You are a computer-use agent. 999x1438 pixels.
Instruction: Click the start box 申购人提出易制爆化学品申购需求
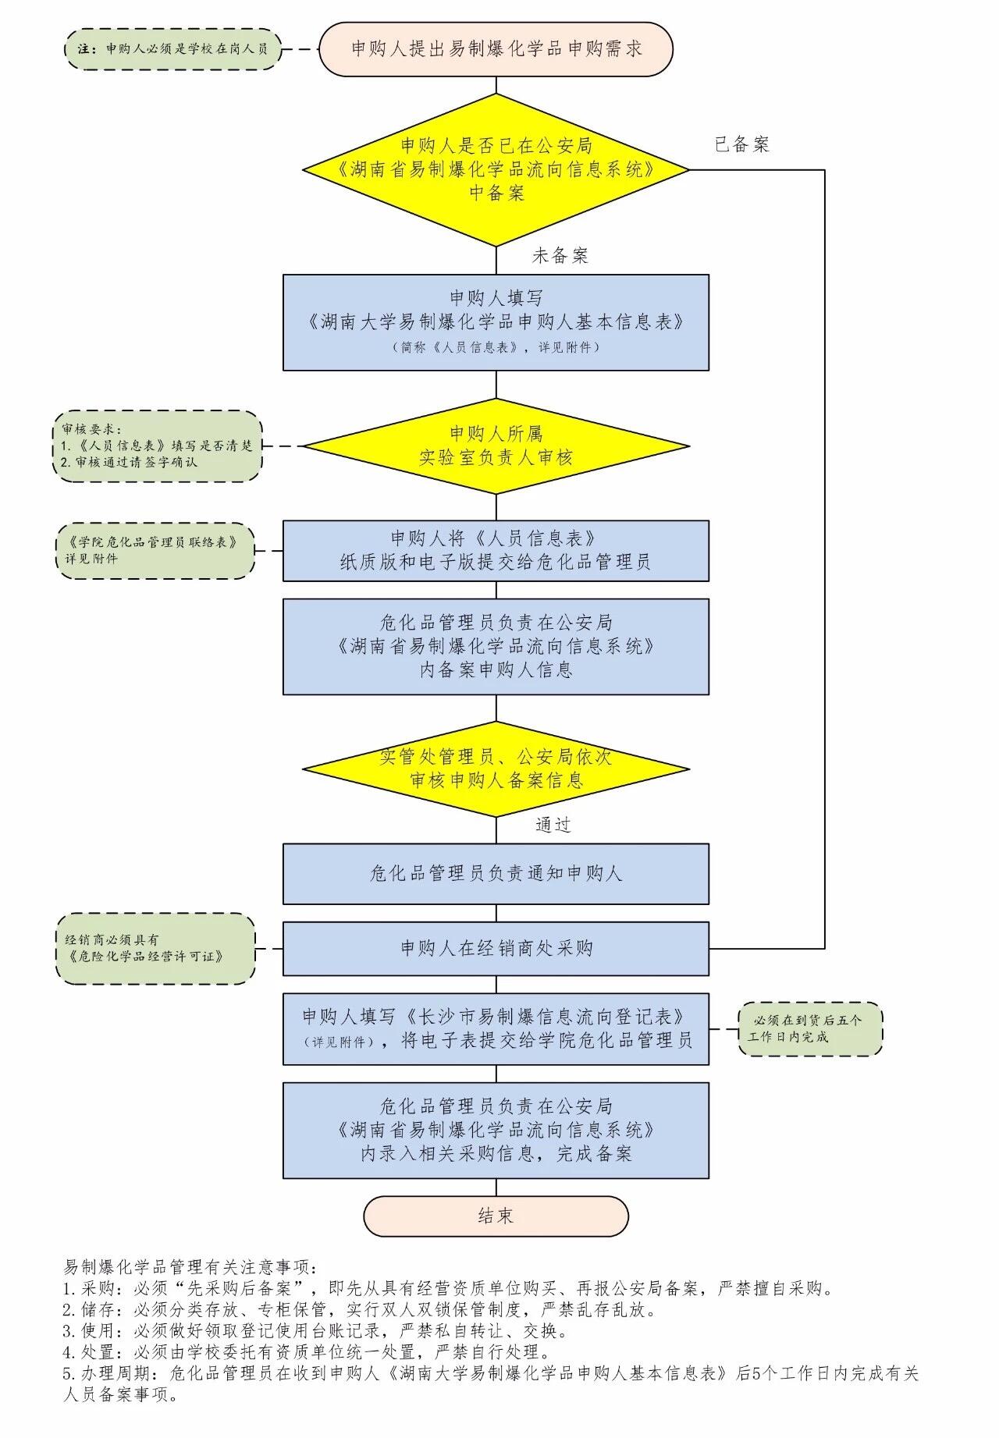click(496, 48)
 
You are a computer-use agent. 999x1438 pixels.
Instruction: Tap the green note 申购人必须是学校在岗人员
click(172, 48)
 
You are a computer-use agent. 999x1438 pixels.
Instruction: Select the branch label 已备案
click(741, 144)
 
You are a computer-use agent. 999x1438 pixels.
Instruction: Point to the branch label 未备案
click(560, 256)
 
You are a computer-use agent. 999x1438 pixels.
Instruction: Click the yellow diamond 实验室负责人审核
click(496, 446)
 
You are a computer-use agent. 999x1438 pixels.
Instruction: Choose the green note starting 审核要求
click(157, 446)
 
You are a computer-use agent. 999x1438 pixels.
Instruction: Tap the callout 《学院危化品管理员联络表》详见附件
click(154, 550)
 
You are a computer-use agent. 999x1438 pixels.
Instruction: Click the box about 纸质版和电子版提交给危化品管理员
click(496, 551)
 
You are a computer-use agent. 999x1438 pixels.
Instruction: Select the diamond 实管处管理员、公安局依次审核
click(496, 769)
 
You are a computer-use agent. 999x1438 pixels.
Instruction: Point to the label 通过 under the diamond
click(553, 826)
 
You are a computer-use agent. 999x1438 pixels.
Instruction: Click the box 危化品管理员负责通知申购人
click(496, 873)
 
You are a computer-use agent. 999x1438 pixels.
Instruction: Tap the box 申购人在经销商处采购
click(496, 948)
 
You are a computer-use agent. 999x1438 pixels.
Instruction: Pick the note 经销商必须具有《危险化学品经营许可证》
click(155, 948)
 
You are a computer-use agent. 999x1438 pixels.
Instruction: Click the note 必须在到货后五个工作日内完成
click(809, 1029)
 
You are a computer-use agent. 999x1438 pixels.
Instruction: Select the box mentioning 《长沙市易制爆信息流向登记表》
click(496, 1028)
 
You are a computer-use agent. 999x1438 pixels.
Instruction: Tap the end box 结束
click(496, 1216)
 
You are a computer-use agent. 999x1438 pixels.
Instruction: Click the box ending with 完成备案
click(496, 1130)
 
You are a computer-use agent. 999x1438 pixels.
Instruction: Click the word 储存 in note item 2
click(100, 1309)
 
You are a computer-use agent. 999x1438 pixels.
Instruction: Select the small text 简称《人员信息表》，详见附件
click(496, 348)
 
